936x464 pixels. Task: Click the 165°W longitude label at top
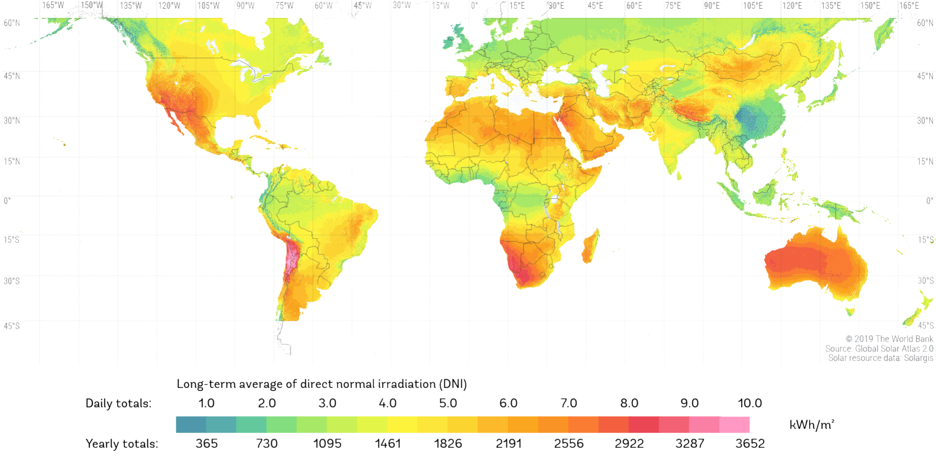point(53,6)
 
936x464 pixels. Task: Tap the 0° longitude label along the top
point(474,6)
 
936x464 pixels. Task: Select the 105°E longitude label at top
point(752,6)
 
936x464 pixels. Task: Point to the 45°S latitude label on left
point(11,326)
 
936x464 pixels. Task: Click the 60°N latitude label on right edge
point(925,23)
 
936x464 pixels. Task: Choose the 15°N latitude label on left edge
point(11,161)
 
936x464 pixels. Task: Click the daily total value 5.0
point(448,403)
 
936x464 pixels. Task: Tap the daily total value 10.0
point(749,403)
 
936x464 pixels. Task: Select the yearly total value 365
point(207,444)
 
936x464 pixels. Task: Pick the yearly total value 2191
point(509,444)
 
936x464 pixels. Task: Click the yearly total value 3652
point(750,444)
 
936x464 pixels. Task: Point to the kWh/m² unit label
point(812,425)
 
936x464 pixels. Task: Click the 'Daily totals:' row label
point(118,403)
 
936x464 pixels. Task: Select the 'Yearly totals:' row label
point(122,444)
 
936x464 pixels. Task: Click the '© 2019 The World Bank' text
point(889,339)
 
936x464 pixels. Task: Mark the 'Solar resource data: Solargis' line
point(880,358)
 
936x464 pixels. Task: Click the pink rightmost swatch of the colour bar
point(735,425)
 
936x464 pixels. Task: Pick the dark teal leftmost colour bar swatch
point(191,425)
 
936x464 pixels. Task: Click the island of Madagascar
point(590,247)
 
